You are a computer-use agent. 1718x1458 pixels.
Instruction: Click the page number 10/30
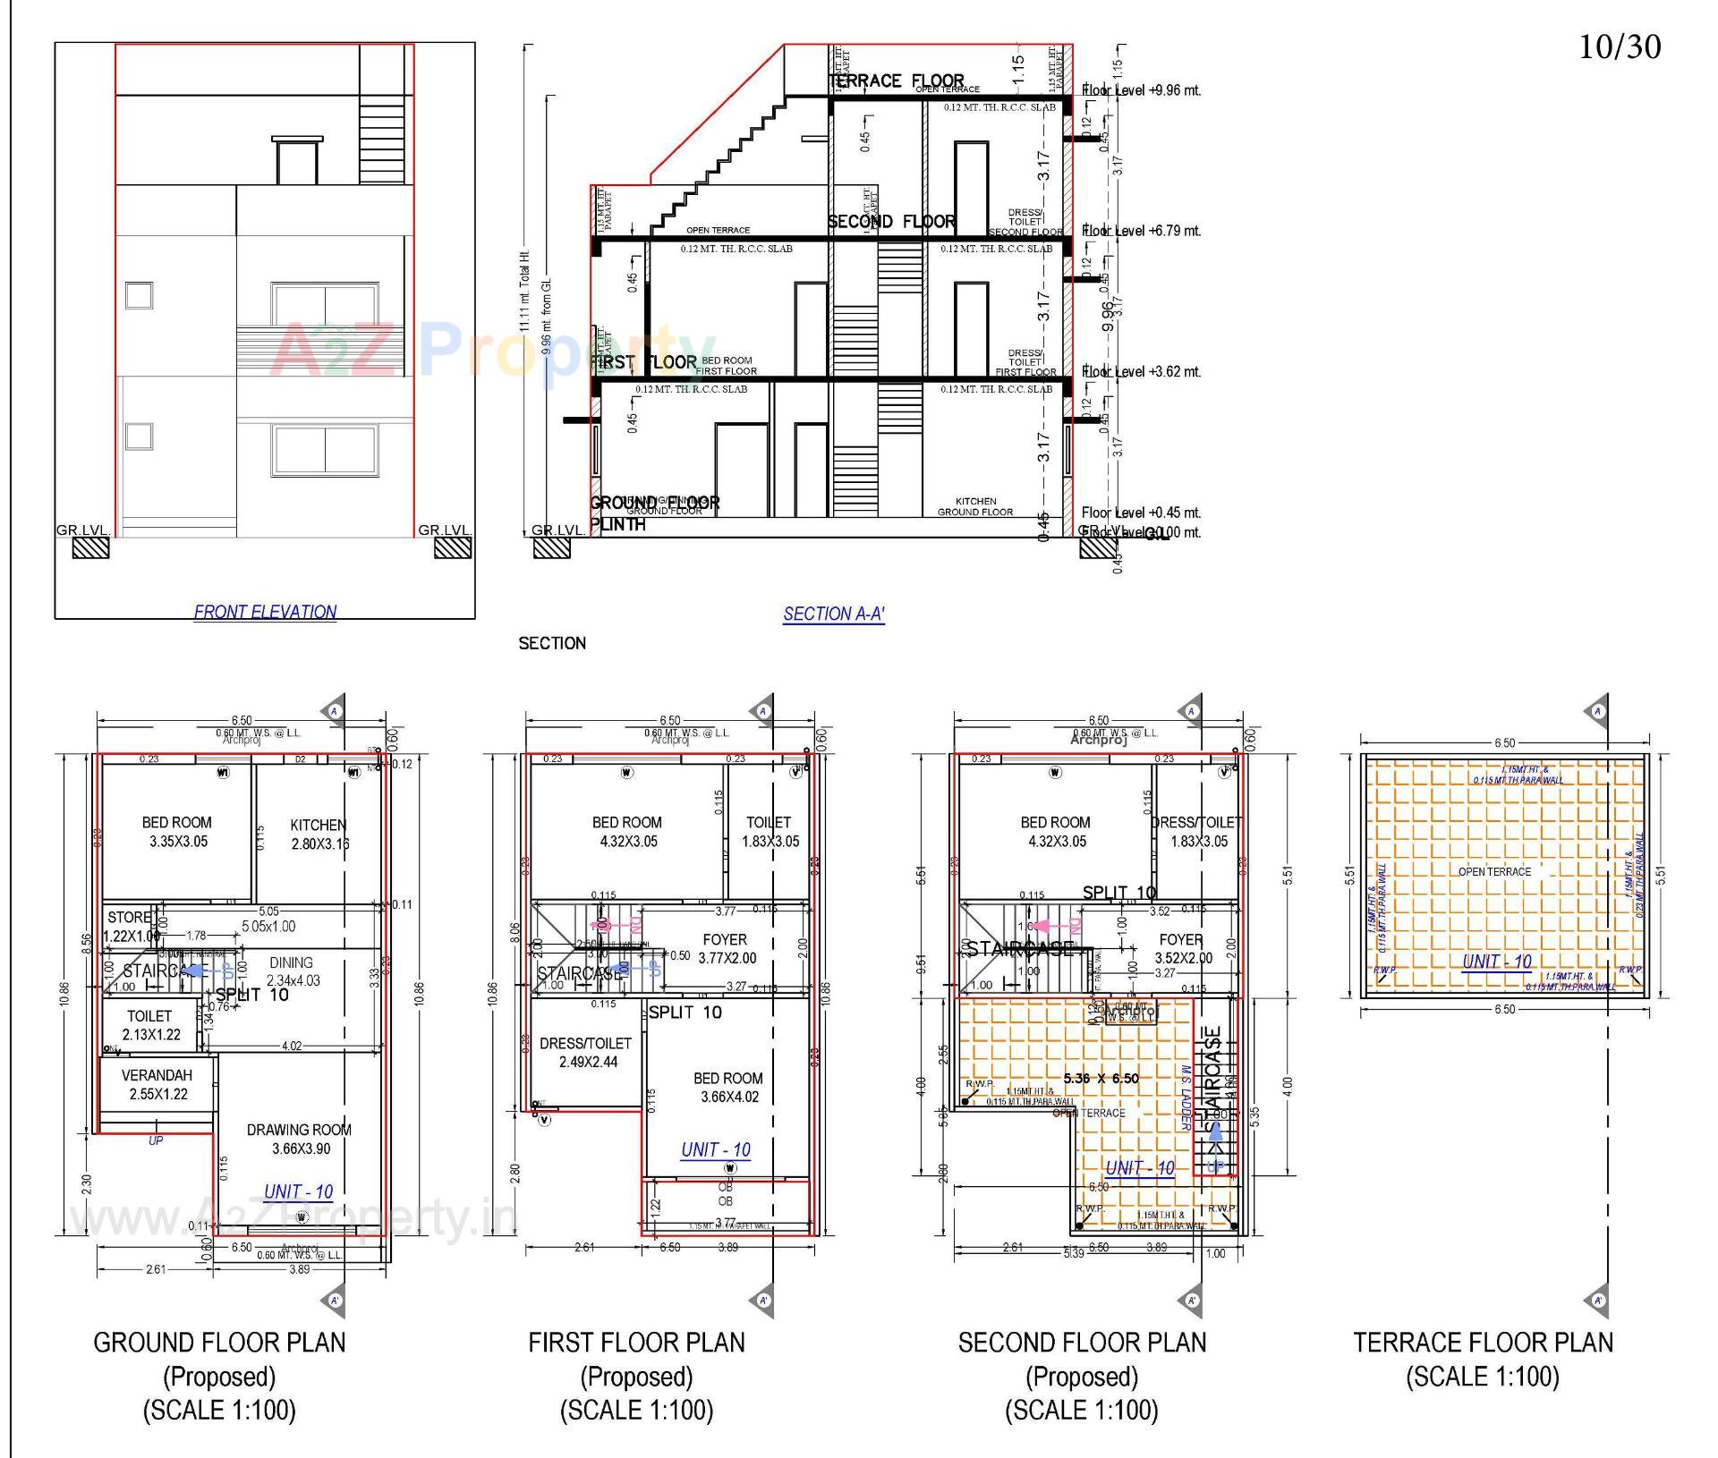tap(1619, 47)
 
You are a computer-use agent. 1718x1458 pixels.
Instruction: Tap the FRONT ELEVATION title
tap(265, 612)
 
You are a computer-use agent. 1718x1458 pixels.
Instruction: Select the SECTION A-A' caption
tap(833, 615)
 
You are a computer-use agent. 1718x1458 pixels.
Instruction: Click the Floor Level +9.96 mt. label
tap(1141, 90)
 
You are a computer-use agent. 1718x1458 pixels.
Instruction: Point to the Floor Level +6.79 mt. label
tap(1141, 231)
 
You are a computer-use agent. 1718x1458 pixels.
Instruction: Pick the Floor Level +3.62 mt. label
tap(1141, 372)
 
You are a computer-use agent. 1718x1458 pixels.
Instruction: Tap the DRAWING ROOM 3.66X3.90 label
tap(299, 1139)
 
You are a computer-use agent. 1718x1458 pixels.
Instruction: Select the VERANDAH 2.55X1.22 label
tap(157, 1084)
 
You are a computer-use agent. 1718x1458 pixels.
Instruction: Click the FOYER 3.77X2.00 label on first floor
tap(725, 948)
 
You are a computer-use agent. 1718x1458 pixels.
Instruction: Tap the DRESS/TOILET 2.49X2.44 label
tap(586, 1053)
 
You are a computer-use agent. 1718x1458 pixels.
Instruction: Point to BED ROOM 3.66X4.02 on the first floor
tap(728, 1088)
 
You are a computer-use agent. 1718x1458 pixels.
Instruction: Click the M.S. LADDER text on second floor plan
tap(1186, 1096)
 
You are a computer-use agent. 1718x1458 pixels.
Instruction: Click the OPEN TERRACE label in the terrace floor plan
tap(1494, 872)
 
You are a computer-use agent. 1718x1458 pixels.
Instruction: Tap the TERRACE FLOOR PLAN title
tap(1483, 1343)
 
